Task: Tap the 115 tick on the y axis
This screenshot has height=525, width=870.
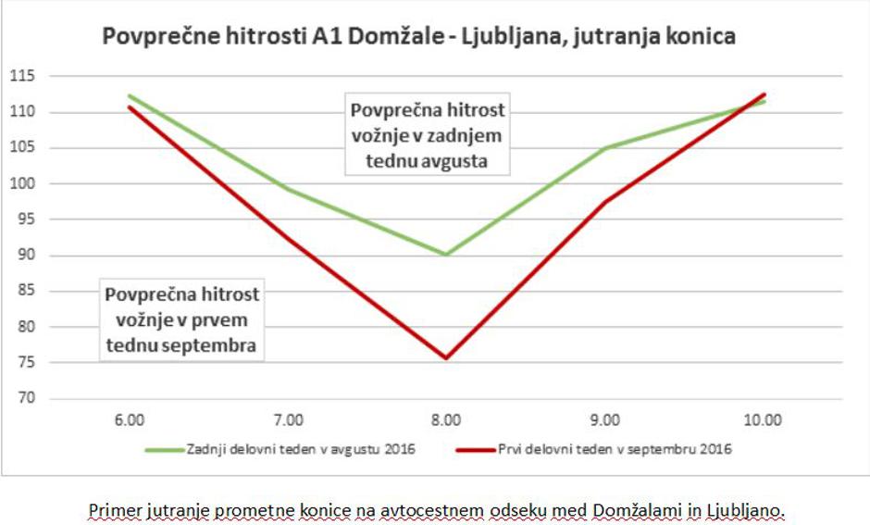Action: tap(19, 76)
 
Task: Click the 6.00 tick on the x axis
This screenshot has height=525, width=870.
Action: tap(129, 420)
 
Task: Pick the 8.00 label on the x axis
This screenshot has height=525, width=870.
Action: tap(446, 420)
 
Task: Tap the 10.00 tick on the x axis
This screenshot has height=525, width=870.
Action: tap(763, 420)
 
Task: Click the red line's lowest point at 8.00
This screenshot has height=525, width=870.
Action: tap(446, 358)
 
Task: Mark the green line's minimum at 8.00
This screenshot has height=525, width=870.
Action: tap(446, 254)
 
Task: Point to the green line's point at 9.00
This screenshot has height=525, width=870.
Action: tap(604, 148)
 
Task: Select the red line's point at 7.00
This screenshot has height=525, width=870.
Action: tap(288, 238)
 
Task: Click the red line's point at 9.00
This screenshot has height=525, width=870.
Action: tap(604, 202)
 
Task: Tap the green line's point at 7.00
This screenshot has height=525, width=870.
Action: tap(288, 190)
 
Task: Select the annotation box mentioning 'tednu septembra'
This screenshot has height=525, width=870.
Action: tap(181, 320)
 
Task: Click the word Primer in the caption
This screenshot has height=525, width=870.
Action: tap(111, 510)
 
